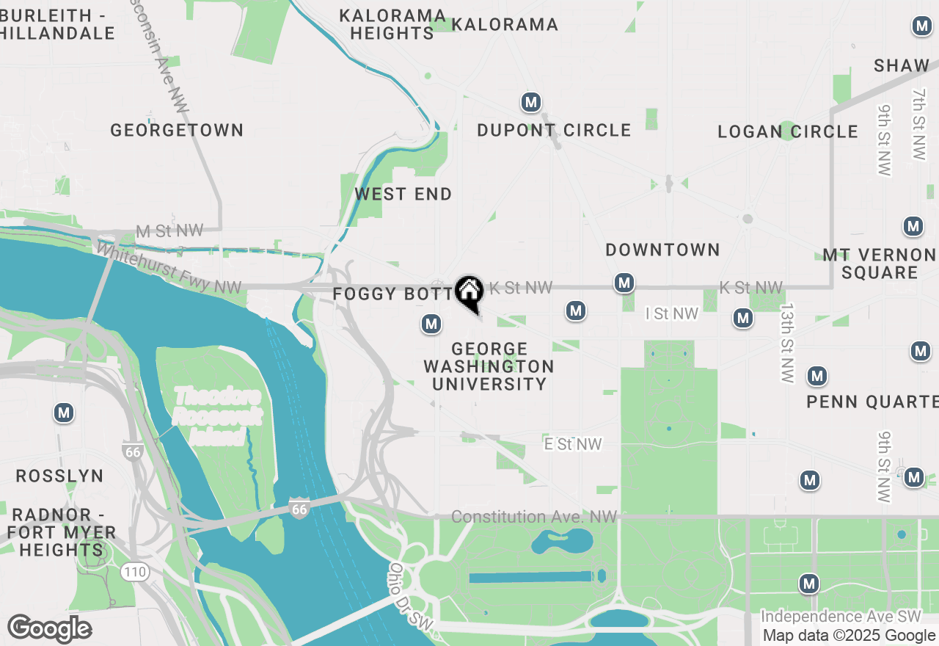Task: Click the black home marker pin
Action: (x=469, y=292)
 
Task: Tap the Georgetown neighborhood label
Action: (x=177, y=131)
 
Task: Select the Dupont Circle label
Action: (x=554, y=131)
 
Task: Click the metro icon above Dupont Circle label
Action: (x=531, y=102)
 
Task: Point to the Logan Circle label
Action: (x=787, y=132)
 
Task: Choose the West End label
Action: (x=403, y=195)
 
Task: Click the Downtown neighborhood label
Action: (x=662, y=250)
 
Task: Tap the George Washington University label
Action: (x=489, y=366)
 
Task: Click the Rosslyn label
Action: (x=60, y=476)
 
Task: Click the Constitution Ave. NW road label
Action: (x=534, y=518)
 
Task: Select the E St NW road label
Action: (x=573, y=444)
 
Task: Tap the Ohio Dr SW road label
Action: (x=411, y=596)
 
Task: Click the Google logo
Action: (x=49, y=628)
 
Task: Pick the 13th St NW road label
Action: (x=787, y=343)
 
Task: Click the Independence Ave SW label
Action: (x=840, y=617)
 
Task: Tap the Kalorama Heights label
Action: (x=392, y=24)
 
